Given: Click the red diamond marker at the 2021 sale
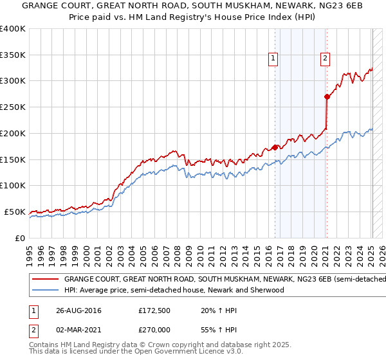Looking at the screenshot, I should tap(327, 96).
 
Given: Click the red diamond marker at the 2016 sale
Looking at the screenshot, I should tap(275, 147).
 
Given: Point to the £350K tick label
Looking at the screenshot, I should tap(13, 55).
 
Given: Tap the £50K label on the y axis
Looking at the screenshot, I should tap(15, 212).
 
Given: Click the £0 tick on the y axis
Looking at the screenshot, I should tap(20, 238).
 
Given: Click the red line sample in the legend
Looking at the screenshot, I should tap(45, 280).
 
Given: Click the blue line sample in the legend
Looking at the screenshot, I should tap(45, 290).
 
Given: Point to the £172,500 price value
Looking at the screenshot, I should tap(155, 310).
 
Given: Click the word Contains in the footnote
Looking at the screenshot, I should tap(44, 346).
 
